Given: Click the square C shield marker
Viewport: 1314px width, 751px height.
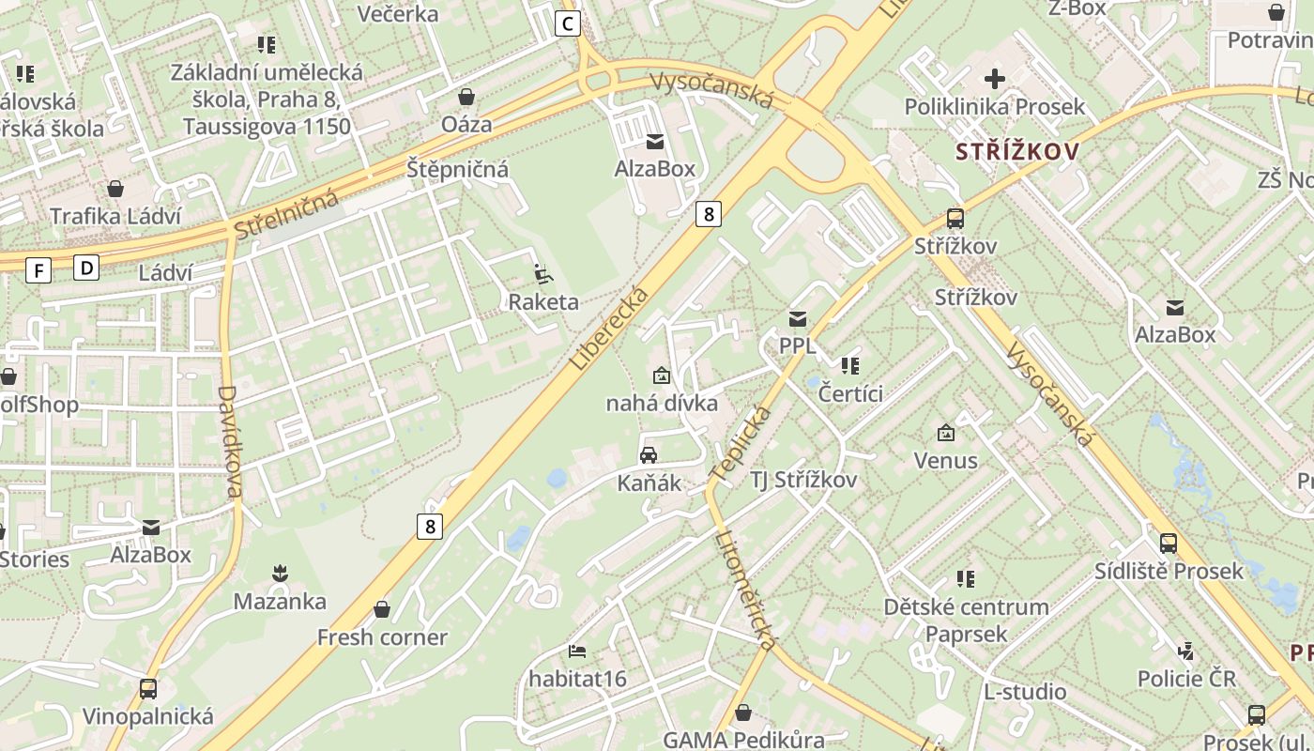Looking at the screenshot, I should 568,23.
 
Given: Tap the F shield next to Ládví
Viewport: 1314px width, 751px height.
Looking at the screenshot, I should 38,271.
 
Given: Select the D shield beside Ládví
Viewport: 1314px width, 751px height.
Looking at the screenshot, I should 87,268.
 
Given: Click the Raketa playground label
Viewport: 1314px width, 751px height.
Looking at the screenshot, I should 543,301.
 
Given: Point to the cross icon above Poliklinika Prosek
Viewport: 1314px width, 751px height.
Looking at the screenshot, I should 995,79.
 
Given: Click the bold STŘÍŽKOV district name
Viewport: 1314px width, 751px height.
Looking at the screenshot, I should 1017,152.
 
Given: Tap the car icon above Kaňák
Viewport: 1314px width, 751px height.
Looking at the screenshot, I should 649,455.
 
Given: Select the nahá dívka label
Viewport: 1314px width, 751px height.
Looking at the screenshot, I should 662,404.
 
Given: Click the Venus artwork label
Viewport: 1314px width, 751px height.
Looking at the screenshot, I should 946,461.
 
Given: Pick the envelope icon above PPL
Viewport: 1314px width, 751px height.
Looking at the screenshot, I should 798,319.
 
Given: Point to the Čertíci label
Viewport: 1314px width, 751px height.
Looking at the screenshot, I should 850,393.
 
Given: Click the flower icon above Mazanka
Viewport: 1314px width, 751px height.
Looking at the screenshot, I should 279,572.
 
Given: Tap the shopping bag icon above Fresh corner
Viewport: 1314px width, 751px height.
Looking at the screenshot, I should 382,610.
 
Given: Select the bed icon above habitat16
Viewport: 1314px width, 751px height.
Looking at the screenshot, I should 577,651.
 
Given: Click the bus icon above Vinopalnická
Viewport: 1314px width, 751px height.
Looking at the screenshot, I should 148,689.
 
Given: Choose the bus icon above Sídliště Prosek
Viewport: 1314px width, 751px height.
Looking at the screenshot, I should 1169,543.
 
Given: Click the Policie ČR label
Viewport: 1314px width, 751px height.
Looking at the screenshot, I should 1186,678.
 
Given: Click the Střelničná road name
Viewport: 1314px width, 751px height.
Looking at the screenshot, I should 286,213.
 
